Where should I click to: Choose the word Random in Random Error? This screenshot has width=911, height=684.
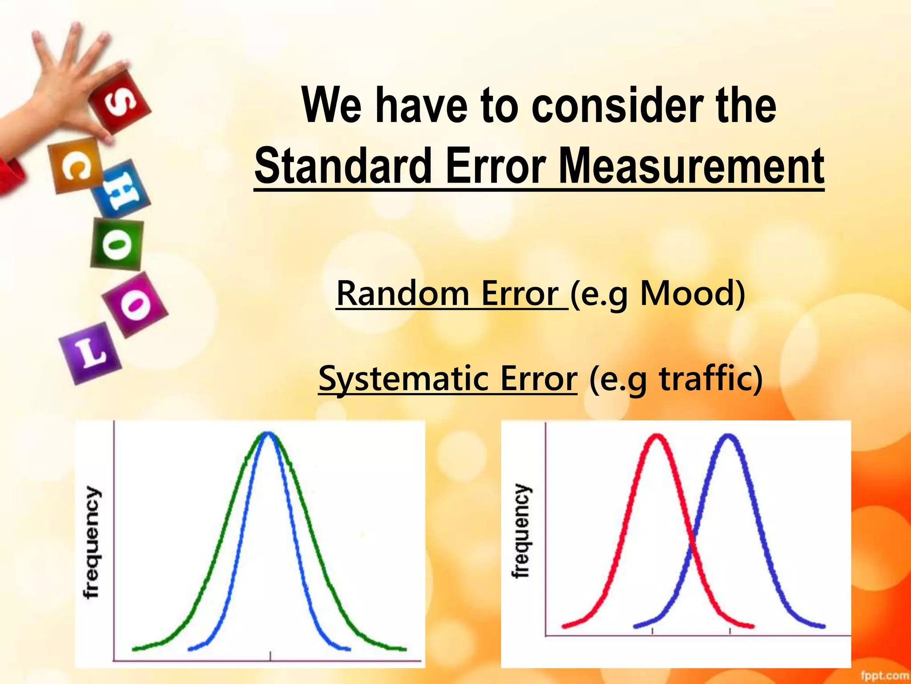click(403, 293)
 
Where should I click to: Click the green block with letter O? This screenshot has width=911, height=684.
click(117, 244)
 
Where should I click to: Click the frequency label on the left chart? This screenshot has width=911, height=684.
click(92, 542)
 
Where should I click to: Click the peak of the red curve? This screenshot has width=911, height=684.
click(657, 437)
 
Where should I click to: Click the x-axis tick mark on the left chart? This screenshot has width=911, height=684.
click(270, 655)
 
